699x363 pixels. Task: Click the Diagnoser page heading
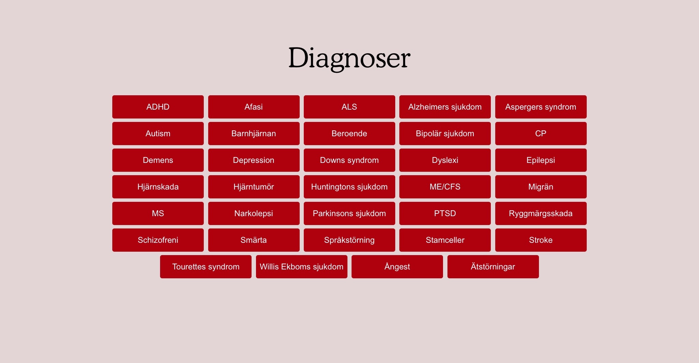[x=349, y=58]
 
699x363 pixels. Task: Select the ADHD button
[x=158, y=107]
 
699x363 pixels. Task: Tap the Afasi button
[x=254, y=107]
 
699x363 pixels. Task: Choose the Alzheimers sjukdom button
[x=445, y=107]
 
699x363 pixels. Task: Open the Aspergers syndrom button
[x=541, y=107]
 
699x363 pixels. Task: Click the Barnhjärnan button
[x=254, y=134]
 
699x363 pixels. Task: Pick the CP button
[x=541, y=134]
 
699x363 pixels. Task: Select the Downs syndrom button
[x=349, y=160]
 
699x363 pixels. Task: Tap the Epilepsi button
[x=541, y=160]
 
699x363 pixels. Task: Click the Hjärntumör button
[x=254, y=187]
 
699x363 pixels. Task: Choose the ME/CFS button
[x=445, y=187]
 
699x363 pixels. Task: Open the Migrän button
[x=541, y=187]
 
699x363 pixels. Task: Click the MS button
[x=158, y=213]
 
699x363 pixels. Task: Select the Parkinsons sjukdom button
[x=349, y=213]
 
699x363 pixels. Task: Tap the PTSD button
[x=445, y=213]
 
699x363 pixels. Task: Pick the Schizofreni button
[x=158, y=240]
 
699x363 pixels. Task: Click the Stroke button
[x=541, y=240]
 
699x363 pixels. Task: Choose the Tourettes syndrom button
[x=206, y=267]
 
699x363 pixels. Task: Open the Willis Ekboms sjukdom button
[x=302, y=267]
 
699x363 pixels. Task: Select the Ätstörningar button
[x=493, y=267]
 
